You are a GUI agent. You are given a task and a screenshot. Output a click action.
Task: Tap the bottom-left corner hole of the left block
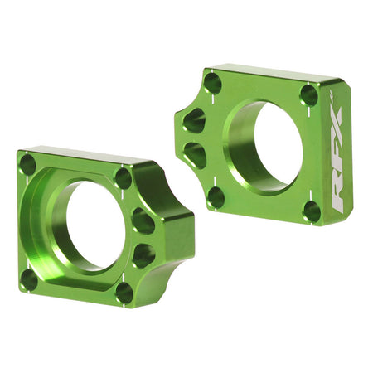click(x=29, y=279)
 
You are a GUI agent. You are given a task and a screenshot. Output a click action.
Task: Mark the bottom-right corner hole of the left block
click(x=124, y=292)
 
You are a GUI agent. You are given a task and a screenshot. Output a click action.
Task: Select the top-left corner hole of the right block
click(x=213, y=83)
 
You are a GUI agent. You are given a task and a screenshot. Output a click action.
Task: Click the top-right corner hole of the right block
click(x=308, y=94)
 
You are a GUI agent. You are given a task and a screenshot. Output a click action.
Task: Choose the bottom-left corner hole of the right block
click(x=216, y=197)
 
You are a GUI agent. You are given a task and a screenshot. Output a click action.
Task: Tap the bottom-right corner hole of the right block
click(x=312, y=211)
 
